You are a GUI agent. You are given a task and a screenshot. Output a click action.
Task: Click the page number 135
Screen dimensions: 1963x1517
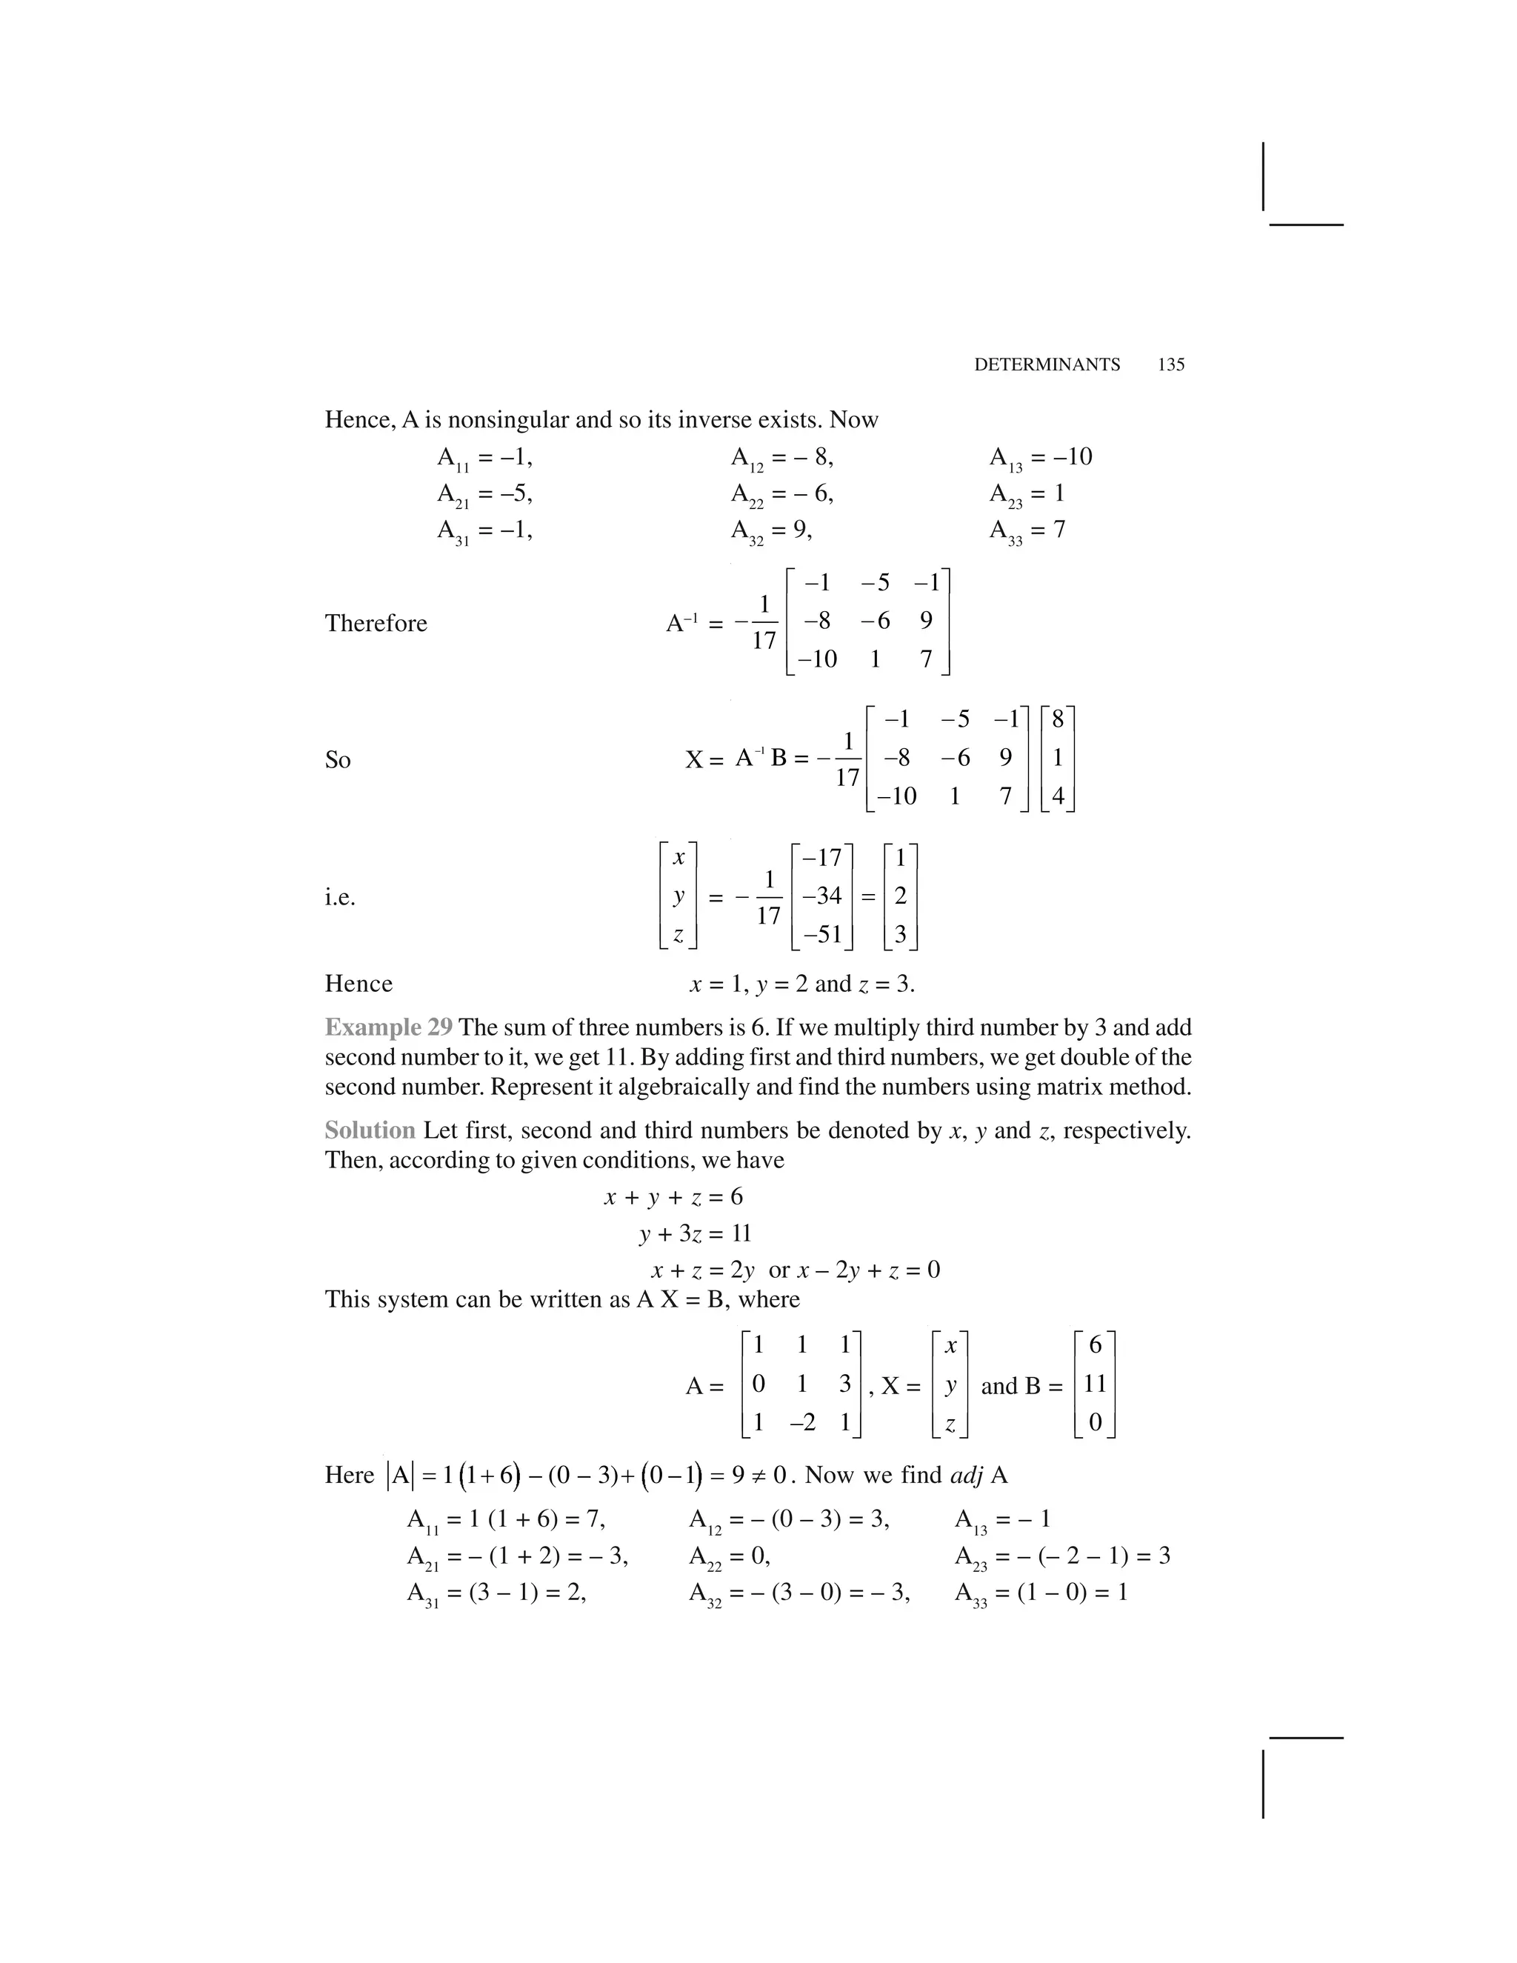[1171, 365]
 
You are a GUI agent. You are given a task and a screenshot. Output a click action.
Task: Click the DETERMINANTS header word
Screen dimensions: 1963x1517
[1047, 365]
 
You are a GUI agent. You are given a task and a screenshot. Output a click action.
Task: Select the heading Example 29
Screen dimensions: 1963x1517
[388, 1027]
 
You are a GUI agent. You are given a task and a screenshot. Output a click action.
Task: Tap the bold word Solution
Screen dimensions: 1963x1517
[370, 1130]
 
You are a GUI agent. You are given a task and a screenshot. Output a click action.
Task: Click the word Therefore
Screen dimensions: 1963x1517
[376, 623]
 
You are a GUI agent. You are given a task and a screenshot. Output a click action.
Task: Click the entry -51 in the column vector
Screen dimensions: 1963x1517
[821, 934]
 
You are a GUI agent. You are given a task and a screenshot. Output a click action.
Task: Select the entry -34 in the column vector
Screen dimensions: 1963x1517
[821, 896]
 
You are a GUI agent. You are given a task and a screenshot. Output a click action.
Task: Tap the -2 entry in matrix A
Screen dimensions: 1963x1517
[801, 1422]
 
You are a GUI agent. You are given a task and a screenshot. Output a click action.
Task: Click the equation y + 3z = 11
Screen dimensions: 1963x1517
[695, 1233]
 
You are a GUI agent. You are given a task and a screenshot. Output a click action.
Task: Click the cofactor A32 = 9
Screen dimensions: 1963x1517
[771, 530]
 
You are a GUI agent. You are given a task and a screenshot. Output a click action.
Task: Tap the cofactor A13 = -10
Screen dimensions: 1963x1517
[1040, 458]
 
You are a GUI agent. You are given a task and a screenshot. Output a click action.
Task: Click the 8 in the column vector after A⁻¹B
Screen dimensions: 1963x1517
[1057, 719]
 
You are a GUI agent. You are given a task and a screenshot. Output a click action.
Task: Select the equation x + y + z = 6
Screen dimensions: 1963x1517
[673, 1196]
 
